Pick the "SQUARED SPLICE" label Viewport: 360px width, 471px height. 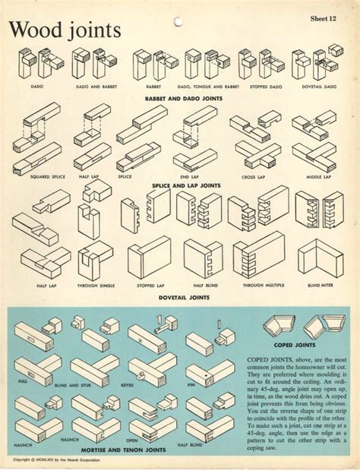tap(46, 176)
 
